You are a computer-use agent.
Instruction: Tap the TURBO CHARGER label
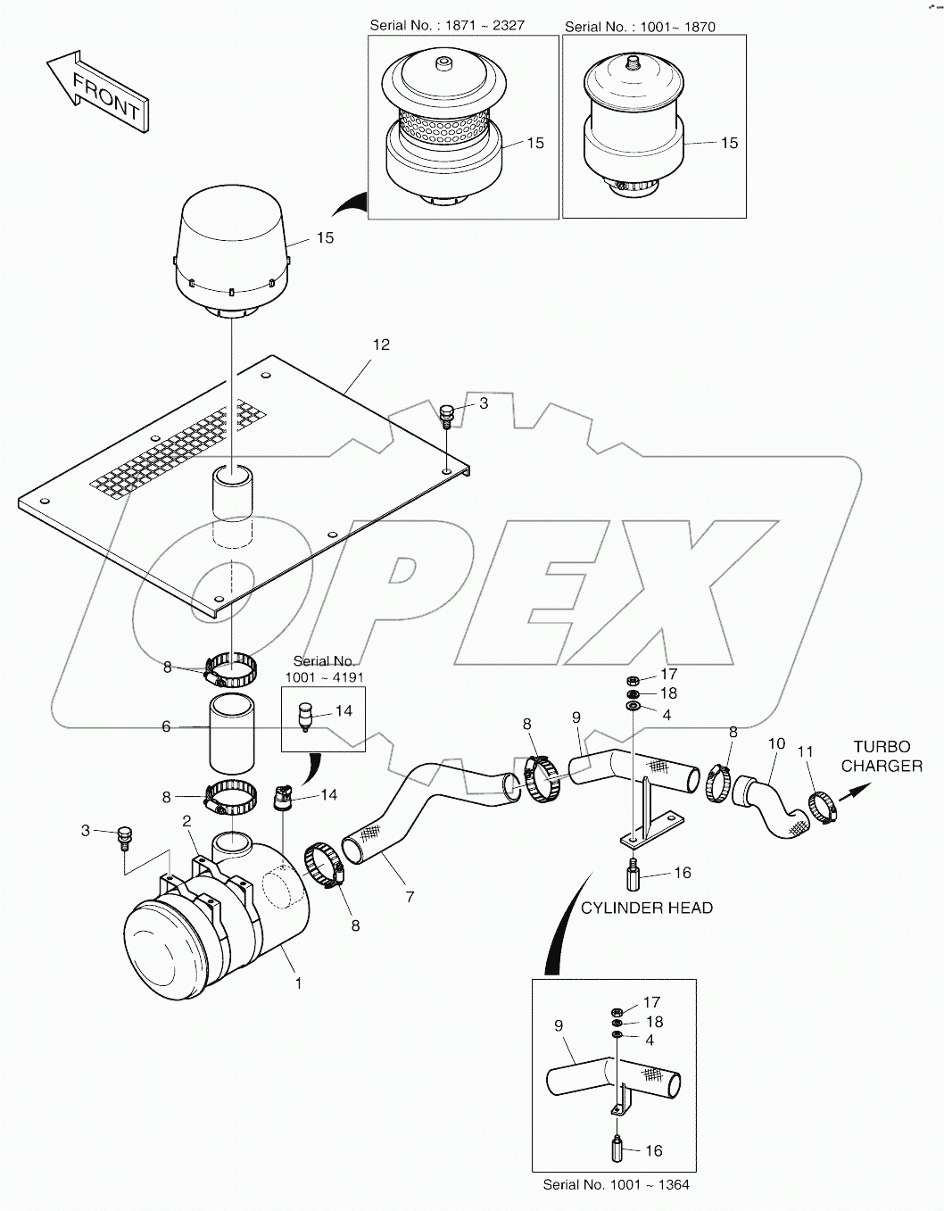(882, 756)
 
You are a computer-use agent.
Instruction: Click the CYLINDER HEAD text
(646, 908)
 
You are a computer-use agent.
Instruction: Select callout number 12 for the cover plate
(381, 344)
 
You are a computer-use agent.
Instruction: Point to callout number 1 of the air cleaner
(298, 983)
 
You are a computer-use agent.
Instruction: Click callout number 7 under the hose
(410, 897)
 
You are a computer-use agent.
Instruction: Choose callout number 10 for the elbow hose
(776, 743)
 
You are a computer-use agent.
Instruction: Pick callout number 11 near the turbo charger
(805, 752)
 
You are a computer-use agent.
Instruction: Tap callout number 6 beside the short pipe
(166, 727)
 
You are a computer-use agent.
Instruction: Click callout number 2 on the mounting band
(186, 821)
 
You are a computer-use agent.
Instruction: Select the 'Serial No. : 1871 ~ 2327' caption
(447, 26)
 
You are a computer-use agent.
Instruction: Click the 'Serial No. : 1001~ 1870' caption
(640, 27)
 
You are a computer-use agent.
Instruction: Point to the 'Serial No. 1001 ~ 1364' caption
(616, 1184)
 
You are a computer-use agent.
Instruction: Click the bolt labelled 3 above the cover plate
(448, 414)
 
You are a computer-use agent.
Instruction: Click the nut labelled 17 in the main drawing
(633, 680)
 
